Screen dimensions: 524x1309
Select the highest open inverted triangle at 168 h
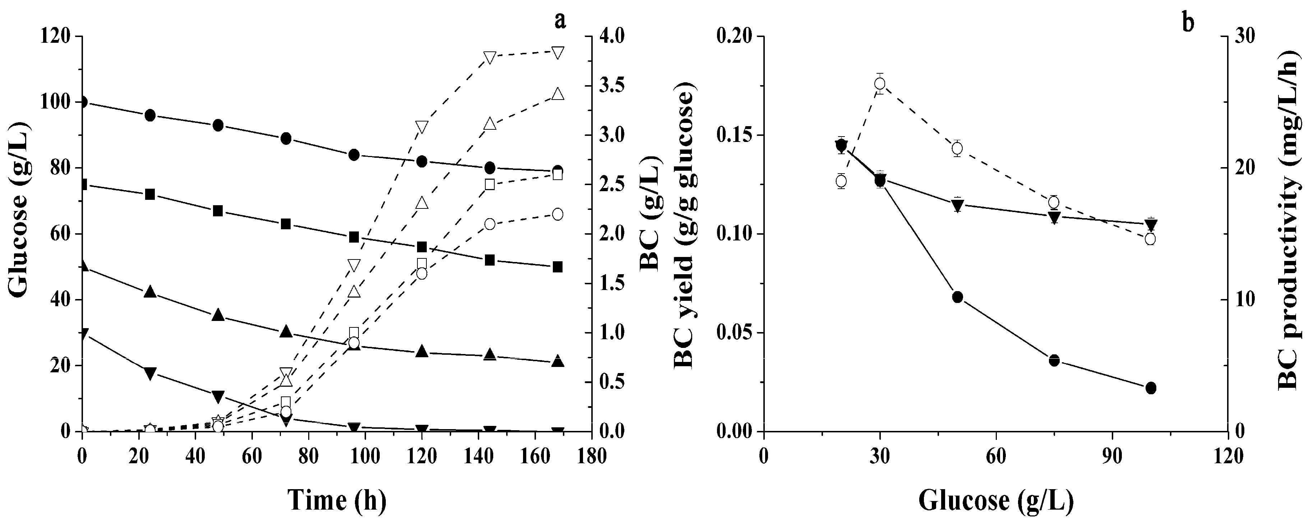[558, 52]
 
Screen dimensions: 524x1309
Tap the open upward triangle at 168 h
[558, 94]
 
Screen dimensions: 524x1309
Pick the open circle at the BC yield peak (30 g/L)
[880, 84]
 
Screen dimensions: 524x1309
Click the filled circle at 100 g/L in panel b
[1151, 388]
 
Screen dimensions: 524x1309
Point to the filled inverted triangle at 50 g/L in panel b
[957, 205]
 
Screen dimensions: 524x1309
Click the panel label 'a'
[559, 20]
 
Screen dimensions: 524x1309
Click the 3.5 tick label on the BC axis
[615, 86]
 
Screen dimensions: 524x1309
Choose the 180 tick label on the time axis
[591, 456]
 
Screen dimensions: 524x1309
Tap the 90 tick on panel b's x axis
[1113, 456]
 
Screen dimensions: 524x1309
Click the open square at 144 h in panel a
[489, 184]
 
